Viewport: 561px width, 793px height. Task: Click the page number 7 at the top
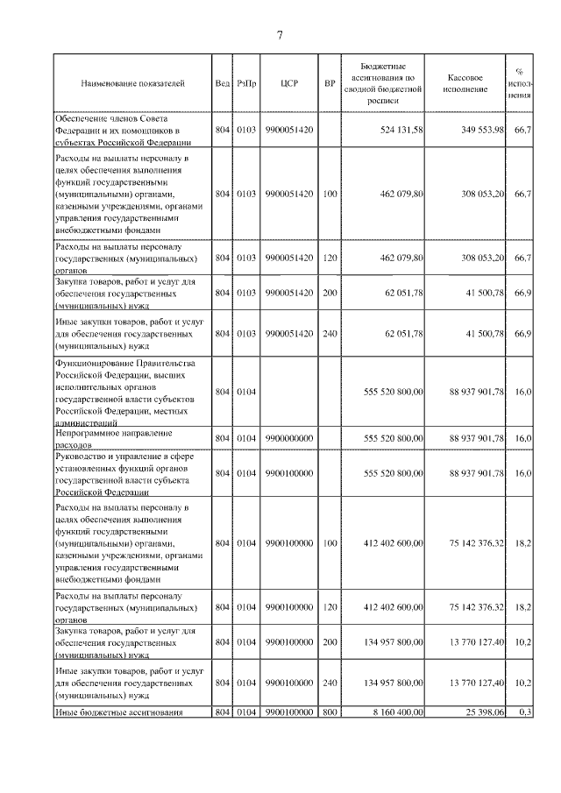(280, 35)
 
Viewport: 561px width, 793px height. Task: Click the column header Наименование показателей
(132, 84)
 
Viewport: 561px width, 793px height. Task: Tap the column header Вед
(222, 84)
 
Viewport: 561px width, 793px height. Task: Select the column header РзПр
(246, 84)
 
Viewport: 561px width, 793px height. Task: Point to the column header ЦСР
(290, 84)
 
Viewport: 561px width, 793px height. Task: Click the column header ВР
(330, 84)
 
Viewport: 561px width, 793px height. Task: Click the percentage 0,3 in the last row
(525, 712)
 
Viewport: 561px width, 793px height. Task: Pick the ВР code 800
(330, 712)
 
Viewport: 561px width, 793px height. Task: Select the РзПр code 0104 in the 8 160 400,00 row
(246, 712)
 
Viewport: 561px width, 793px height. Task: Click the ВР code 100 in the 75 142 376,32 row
(330, 543)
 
